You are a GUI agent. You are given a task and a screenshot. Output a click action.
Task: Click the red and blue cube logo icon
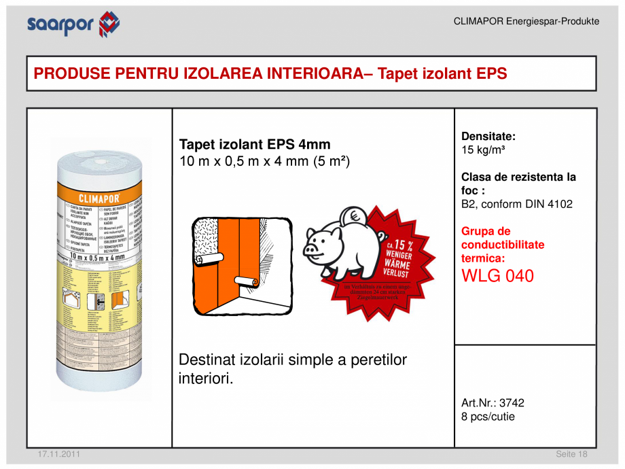click(109, 24)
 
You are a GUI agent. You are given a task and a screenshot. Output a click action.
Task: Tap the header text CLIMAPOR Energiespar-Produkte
click(526, 21)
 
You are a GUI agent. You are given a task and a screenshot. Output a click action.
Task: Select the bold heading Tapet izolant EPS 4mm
click(254, 144)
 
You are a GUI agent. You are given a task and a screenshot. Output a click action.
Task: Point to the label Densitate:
click(488, 136)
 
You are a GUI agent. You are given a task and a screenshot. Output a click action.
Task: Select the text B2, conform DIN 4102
click(516, 204)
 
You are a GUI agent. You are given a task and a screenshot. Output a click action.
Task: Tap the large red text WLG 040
click(497, 276)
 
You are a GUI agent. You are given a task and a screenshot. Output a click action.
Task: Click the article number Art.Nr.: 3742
click(493, 402)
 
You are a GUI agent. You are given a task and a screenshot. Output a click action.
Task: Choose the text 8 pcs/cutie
click(488, 416)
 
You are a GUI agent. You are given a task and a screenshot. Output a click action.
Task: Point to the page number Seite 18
click(571, 454)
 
